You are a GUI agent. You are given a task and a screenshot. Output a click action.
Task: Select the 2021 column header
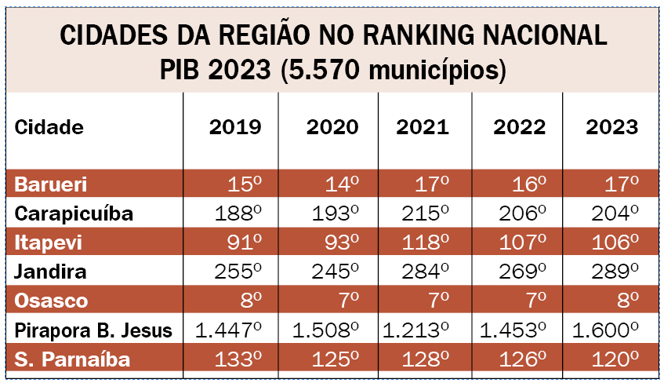coord(423,128)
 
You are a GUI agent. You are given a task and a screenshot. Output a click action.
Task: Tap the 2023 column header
coord(611,128)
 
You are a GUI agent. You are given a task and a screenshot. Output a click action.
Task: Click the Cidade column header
coord(49,128)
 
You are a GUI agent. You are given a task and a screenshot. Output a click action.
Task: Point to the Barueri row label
coord(51,185)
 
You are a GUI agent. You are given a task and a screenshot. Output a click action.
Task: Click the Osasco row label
coord(52,301)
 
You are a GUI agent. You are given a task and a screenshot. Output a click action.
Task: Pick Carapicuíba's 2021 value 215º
coord(426,214)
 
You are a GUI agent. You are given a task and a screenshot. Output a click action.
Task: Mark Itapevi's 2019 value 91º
coord(245,243)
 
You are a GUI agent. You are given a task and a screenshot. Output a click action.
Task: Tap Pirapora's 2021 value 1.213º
coord(418,330)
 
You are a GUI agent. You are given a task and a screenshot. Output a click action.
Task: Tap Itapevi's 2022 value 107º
coord(520,243)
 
